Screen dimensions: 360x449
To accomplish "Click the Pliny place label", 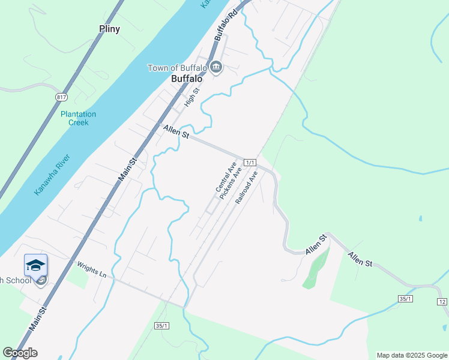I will coord(109,29).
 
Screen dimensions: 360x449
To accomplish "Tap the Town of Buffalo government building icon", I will coord(216,67).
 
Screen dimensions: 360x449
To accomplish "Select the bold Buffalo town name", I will coord(186,79).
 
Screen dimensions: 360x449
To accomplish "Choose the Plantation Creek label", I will coord(78,118).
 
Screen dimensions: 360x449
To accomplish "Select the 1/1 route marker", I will coord(251,163).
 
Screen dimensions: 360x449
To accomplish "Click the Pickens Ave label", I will coord(231,183).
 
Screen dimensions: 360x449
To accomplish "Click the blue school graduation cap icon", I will coord(35,265).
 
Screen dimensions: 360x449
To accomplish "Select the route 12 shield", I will coord(442,301).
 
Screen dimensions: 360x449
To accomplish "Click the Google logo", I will coord(20,352).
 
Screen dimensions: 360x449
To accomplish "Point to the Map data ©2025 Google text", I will coord(411,355).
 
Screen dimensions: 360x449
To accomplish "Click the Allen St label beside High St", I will coord(176,131).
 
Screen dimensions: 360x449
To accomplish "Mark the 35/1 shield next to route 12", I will coord(406,298).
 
